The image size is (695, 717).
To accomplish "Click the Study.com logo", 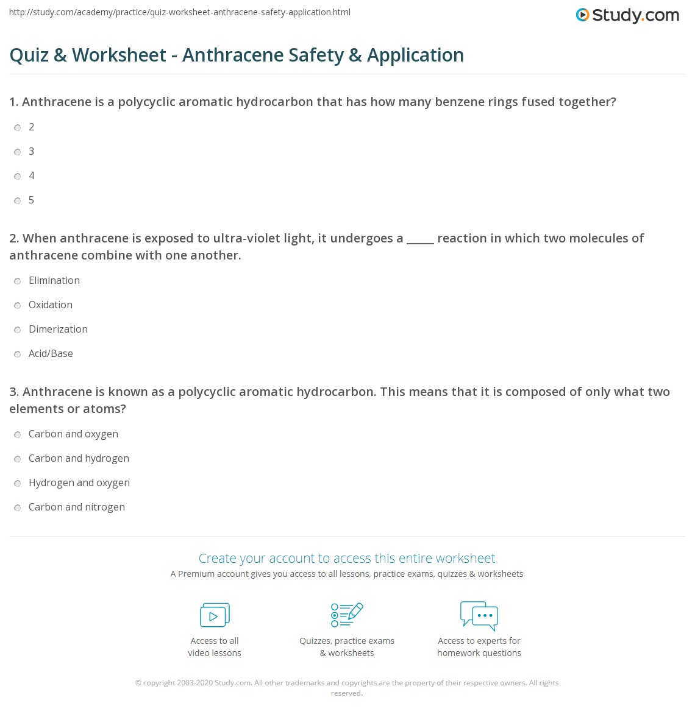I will (627, 15).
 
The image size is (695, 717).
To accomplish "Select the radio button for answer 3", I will (18, 152).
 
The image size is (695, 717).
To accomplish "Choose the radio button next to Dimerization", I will (18, 330).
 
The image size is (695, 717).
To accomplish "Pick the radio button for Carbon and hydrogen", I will (18, 459).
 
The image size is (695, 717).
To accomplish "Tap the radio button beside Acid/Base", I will (18, 354).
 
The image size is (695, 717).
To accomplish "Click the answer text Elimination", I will (54, 280).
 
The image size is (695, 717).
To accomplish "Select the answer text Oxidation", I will (51, 305).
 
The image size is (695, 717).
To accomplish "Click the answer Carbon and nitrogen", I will (77, 507).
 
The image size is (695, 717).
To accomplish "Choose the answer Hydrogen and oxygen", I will (79, 482).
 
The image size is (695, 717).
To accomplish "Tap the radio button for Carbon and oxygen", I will (18, 434).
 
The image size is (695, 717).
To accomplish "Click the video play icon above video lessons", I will (215, 615).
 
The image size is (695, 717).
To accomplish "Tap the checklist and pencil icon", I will (347, 615).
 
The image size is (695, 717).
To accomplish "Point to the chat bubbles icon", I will (479, 615).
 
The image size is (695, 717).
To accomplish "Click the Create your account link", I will (347, 558).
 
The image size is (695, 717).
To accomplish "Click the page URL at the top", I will (180, 12).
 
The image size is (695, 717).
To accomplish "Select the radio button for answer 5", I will (18, 200).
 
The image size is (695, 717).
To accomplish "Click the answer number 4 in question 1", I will (32, 175).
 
